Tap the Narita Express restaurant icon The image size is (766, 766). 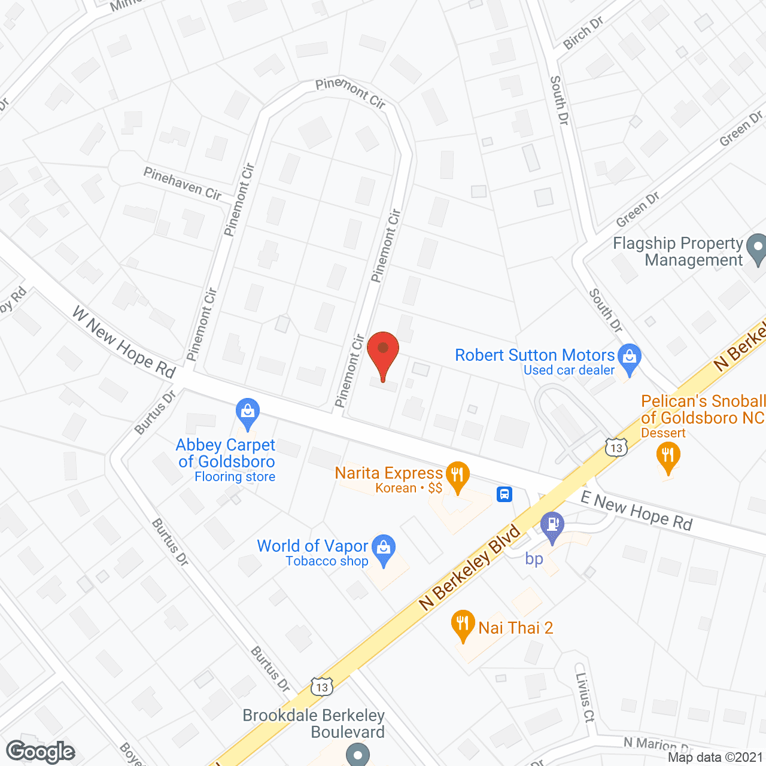(458, 476)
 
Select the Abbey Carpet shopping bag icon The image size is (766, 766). (247, 411)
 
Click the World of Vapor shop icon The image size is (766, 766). (383, 548)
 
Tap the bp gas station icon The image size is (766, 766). (552, 525)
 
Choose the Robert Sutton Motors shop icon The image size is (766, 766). (629, 357)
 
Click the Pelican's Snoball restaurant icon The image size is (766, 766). (668, 456)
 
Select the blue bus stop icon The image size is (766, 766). (504, 494)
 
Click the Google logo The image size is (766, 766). (41, 752)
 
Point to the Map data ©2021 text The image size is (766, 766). (715, 758)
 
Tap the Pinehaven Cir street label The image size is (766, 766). (183, 183)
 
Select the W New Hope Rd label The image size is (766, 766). (124, 342)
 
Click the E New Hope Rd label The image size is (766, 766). (636, 512)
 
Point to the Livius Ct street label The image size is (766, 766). (584, 697)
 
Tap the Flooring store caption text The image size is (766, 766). (235, 477)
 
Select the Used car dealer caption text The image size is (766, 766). (569, 370)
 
